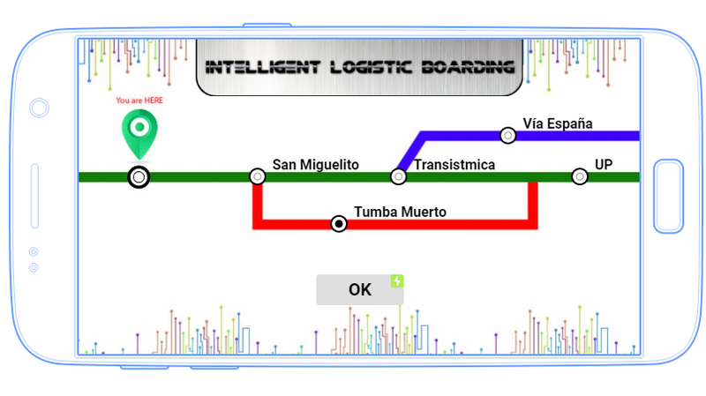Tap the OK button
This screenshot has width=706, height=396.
[x=359, y=289]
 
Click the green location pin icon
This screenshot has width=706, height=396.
[x=139, y=131]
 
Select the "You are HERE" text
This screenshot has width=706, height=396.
[x=139, y=101]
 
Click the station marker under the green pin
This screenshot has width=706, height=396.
[x=139, y=177]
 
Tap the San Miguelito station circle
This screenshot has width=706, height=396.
[x=258, y=176]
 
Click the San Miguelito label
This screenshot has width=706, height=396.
[x=315, y=164]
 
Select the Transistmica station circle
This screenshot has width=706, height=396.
[x=399, y=176]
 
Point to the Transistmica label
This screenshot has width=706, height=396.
[x=454, y=164]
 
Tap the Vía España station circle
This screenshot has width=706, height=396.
[x=508, y=135]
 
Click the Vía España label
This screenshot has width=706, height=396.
[x=557, y=123]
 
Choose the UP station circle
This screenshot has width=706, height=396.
[x=580, y=176]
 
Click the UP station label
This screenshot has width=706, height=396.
[x=604, y=164]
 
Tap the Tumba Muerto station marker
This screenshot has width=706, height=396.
[x=339, y=224]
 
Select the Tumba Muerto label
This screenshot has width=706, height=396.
[x=400, y=212]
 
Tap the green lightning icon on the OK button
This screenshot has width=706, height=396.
[x=397, y=280]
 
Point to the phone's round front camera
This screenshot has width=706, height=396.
[x=39, y=108]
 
